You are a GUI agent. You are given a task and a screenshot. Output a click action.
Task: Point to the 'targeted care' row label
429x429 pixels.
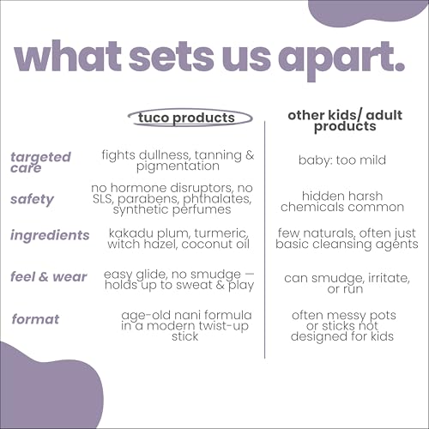pos(40,162)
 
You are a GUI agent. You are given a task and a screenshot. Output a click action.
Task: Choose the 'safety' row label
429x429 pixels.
pos(32,199)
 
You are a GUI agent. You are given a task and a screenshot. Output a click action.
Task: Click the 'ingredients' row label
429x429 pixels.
pos(50,235)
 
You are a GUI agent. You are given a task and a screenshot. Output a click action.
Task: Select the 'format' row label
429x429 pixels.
pos(35,319)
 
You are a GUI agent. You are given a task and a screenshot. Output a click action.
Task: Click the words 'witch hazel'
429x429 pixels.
pos(142,245)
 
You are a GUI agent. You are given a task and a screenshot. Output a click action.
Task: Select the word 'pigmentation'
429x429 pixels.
pos(178,166)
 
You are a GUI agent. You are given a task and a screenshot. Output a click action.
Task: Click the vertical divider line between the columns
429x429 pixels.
pos(265,240)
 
